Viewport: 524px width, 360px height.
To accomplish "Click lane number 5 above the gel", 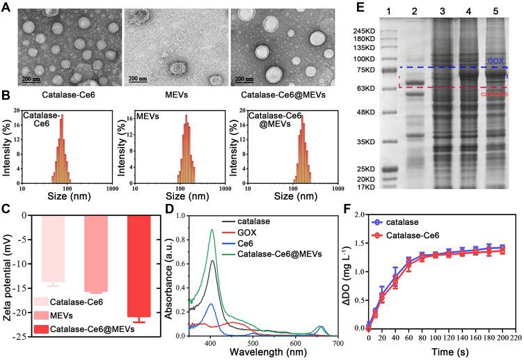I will [x=498, y=8].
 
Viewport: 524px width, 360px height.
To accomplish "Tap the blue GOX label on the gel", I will [x=495, y=61].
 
